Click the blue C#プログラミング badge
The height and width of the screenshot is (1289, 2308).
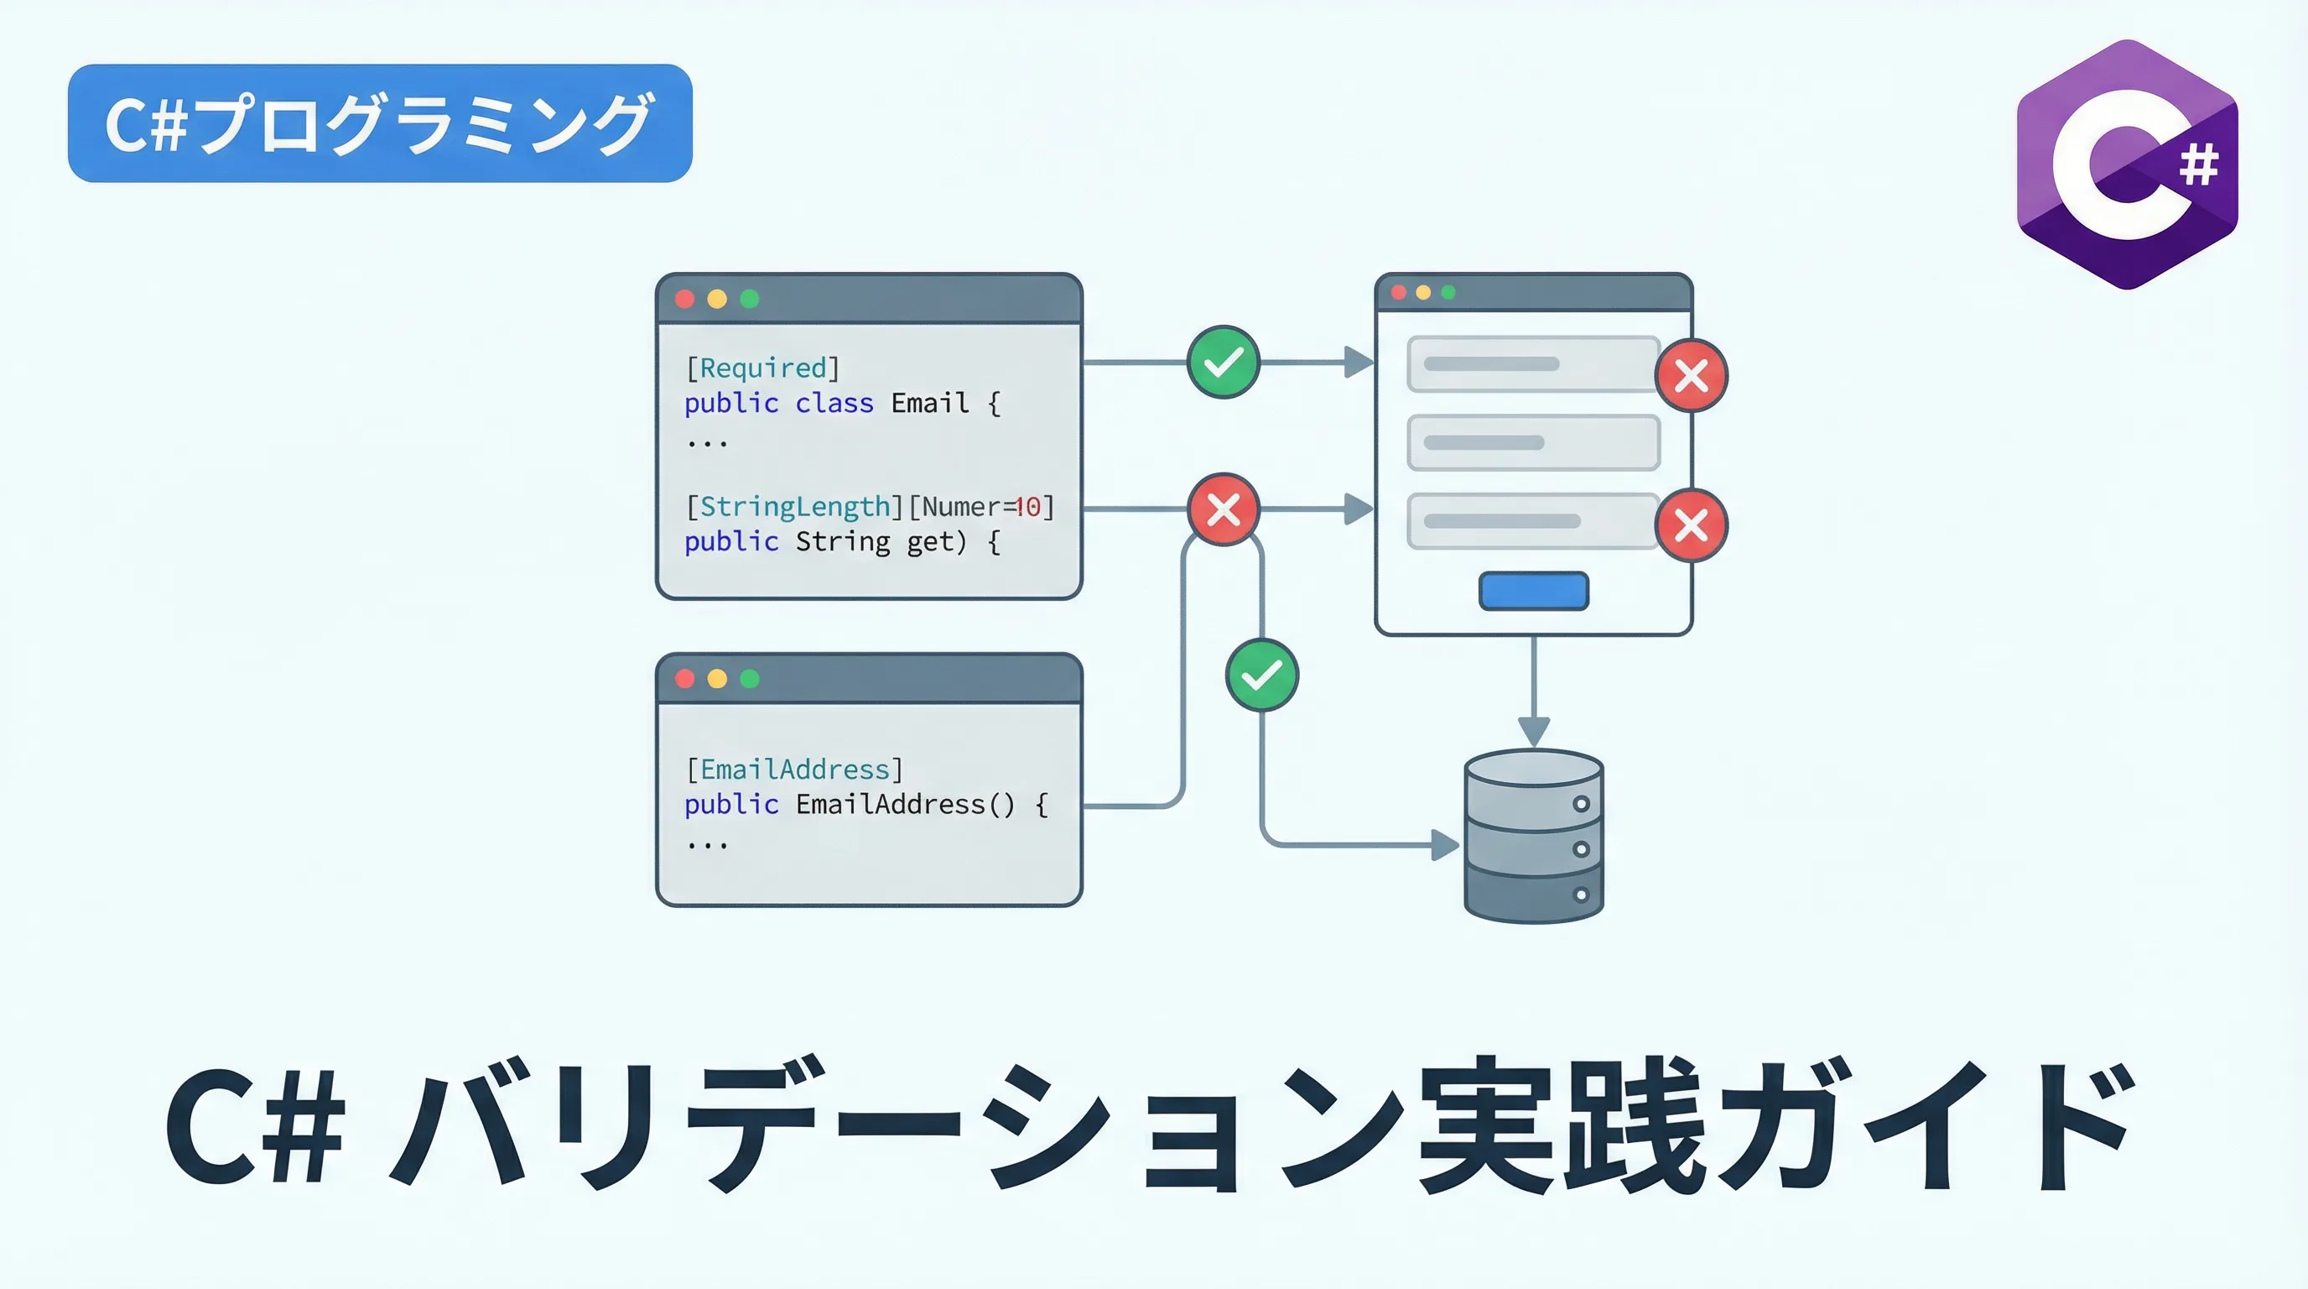point(380,123)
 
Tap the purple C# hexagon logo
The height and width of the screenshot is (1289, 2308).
point(2127,165)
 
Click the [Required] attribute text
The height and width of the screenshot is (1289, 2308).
point(762,368)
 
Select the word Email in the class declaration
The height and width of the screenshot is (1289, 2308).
point(929,404)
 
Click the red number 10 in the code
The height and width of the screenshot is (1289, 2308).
point(1027,508)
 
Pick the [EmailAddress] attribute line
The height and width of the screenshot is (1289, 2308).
point(794,769)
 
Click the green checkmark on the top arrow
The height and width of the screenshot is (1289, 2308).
point(1223,363)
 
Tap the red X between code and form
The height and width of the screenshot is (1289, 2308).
point(1223,509)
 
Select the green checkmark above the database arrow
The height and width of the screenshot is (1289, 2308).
point(1261,675)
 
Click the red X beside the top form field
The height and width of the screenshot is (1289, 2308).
point(1691,376)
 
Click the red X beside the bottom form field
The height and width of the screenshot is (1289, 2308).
point(1691,525)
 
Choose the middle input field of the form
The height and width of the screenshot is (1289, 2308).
point(1533,443)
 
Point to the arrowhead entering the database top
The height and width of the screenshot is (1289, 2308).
point(1533,732)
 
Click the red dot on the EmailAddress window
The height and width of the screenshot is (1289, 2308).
point(685,679)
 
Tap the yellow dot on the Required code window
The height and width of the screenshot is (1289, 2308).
point(717,299)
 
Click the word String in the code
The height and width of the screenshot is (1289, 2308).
point(842,542)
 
